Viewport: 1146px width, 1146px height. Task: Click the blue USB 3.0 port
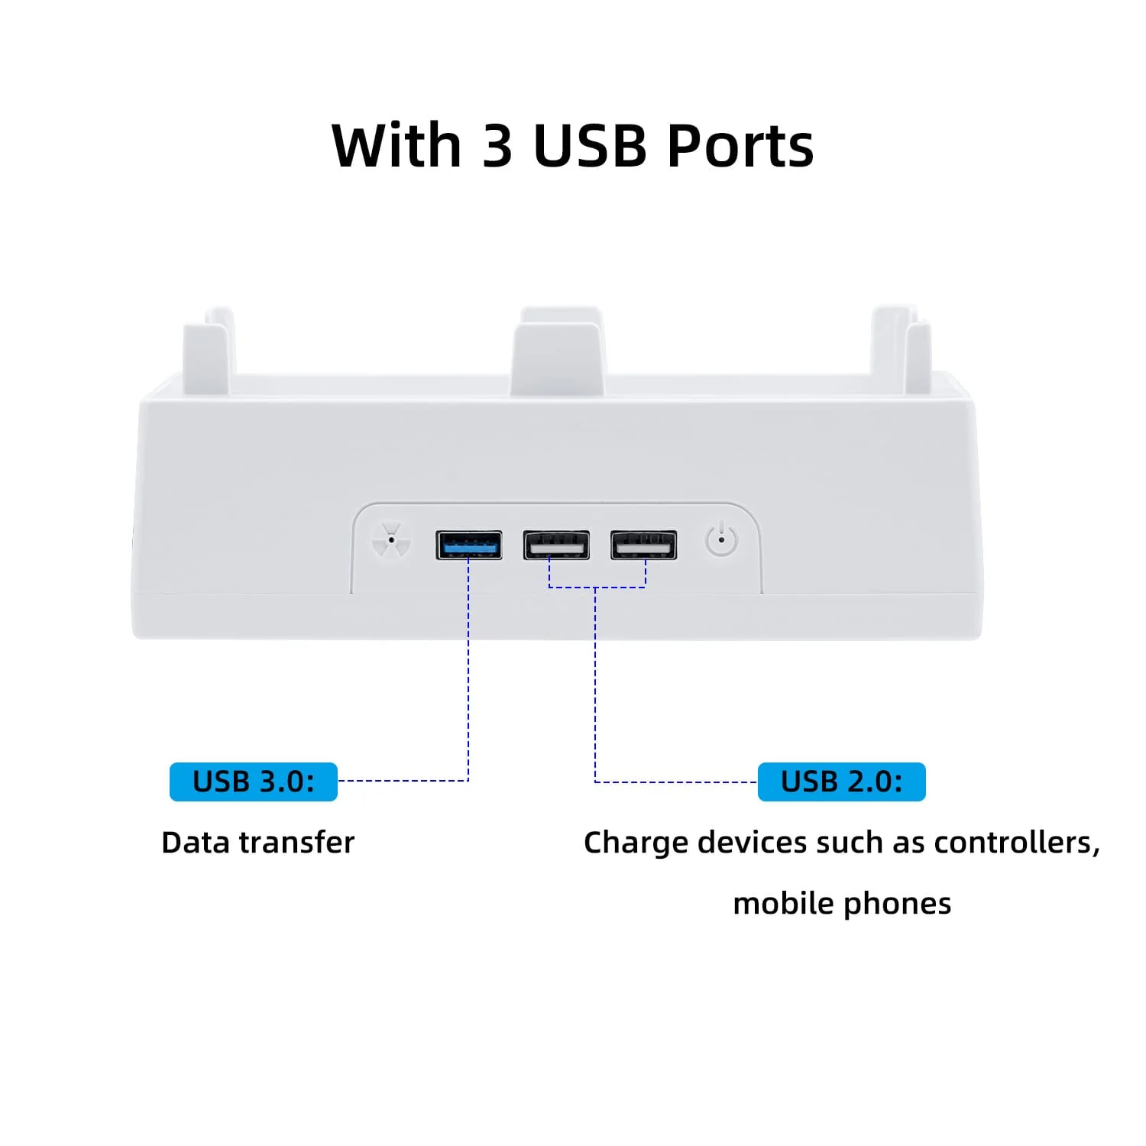(468, 545)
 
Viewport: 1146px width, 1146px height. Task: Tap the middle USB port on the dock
(556, 545)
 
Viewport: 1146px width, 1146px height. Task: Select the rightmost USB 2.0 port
(643, 545)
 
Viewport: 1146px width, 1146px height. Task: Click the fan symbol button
(391, 540)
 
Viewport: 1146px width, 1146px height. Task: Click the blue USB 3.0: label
(254, 782)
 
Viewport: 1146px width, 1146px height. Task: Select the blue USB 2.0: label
(842, 782)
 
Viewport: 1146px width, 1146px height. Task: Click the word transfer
(297, 842)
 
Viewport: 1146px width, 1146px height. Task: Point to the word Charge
(636, 843)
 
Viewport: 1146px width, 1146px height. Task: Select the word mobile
(784, 903)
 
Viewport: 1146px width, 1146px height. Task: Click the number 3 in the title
(497, 145)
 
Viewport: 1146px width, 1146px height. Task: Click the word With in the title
(397, 145)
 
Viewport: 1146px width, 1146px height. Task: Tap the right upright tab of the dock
(902, 348)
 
